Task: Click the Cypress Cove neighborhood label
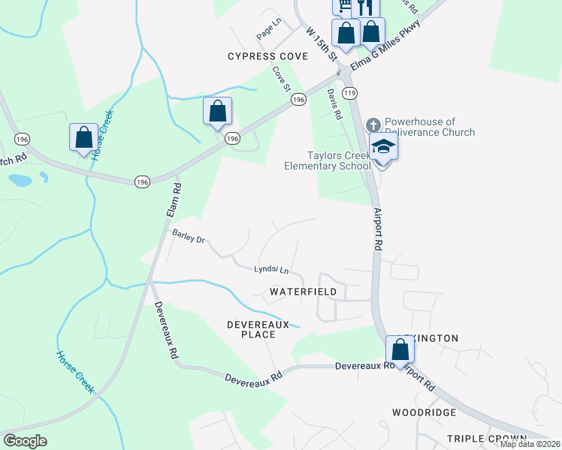[x=268, y=56]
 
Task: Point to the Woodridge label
[x=424, y=412]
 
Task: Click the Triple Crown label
[x=483, y=438]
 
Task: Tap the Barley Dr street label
[x=189, y=236]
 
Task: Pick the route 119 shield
[x=349, y=92]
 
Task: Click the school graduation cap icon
[x=383, y=145]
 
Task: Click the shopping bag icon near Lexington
[x=400, y=349]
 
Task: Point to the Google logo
[x=25, y=441]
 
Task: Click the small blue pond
[x=20, y=181]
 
